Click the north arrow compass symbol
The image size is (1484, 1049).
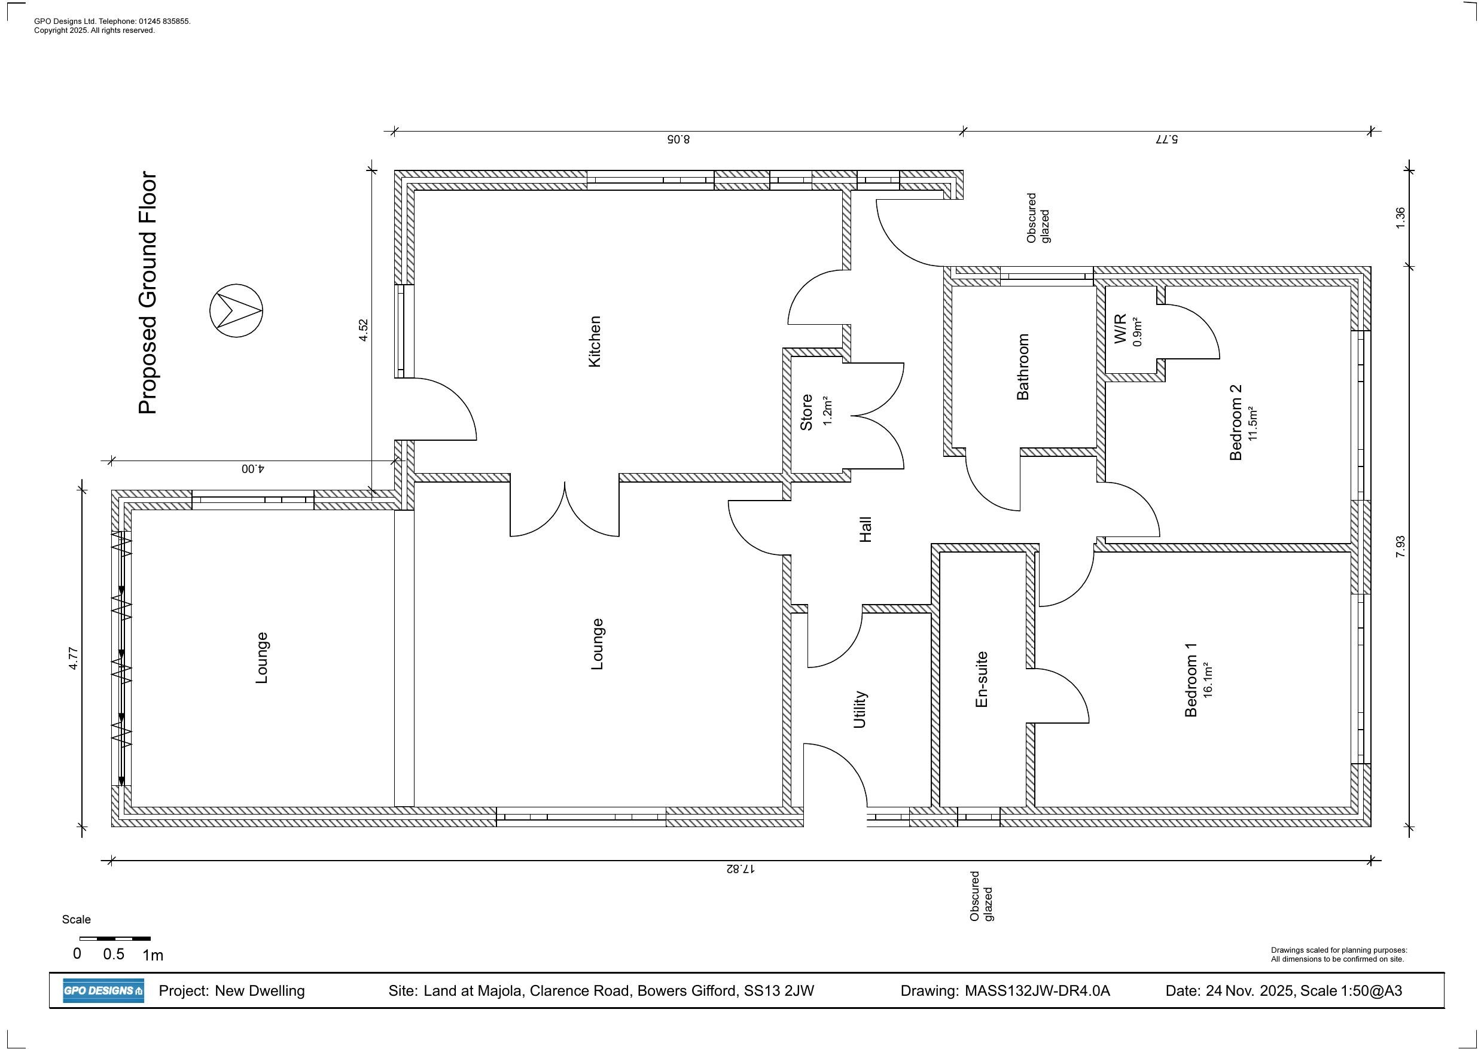236,311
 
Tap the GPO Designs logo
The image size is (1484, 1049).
103,991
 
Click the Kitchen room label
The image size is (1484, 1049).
595,342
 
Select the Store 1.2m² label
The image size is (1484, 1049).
815,411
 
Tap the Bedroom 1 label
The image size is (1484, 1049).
1197,680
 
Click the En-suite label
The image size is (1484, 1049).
981,679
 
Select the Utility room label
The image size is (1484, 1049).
860,710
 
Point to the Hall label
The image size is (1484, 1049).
866,529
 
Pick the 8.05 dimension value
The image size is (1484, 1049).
678,139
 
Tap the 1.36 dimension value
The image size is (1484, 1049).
1400,217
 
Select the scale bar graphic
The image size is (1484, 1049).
115,938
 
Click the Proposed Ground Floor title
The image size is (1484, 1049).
148,293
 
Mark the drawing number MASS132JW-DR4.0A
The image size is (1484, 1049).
1037,991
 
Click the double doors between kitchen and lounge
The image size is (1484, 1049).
565,511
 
